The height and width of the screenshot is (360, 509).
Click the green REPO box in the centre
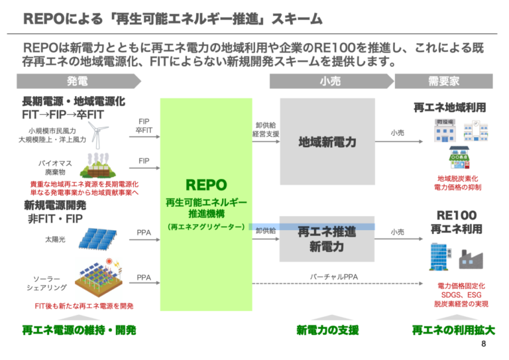(x=206, y=204)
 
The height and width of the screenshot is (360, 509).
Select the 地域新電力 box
(x=327, y=142)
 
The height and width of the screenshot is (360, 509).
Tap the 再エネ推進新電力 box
(x=327, y=239)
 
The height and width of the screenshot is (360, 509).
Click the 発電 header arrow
(x=78, y=81)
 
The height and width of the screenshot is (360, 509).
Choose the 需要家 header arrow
(x=443, y=81)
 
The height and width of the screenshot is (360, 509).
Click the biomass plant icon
(x=97, y=164)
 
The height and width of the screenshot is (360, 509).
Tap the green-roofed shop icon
(x=460, y=158)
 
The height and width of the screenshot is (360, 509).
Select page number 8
(x=483, y=344)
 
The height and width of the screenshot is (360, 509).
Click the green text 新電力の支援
(x=327, y=330)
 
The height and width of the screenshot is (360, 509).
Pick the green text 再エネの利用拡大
(x=453, y=330)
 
